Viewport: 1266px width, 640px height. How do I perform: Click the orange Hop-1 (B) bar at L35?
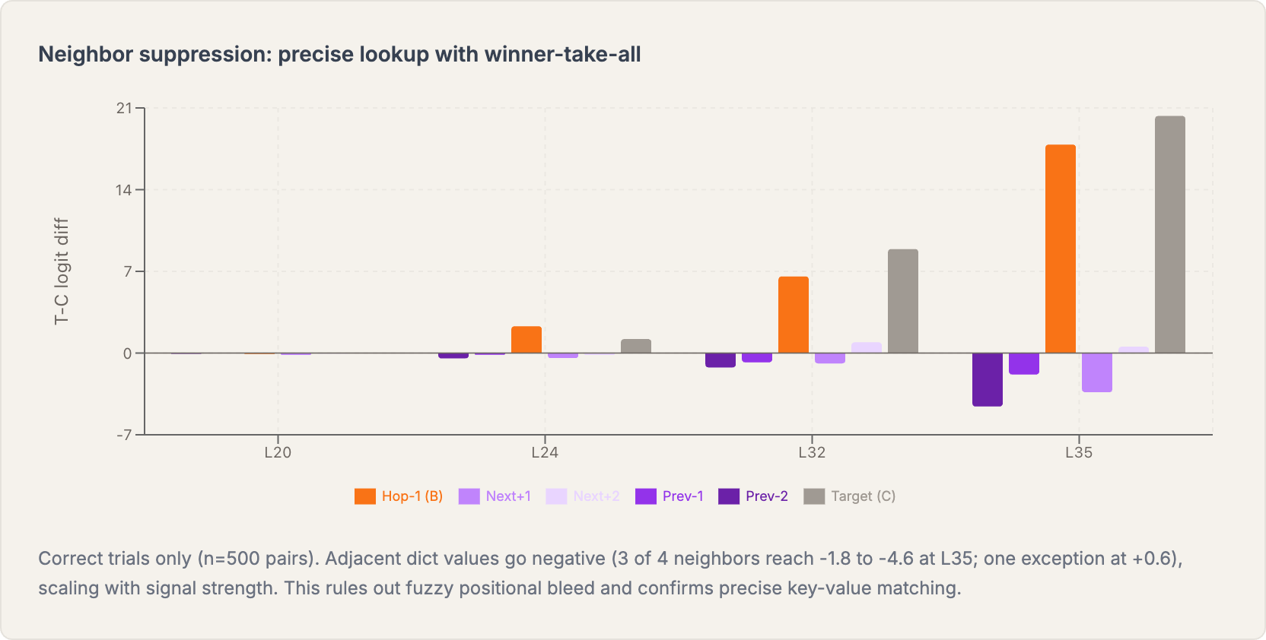coord(1060,249)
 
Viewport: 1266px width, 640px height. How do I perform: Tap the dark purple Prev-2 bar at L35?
coord(987,379)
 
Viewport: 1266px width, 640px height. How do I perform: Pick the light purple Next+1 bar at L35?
coord(1096,372)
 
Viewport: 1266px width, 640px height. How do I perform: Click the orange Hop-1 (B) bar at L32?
coord(793,315)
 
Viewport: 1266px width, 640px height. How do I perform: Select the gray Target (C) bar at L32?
coord(902,301)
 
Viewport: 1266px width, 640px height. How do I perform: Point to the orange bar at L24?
coord(526,340)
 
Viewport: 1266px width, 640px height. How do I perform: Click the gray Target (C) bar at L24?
coord(635,346)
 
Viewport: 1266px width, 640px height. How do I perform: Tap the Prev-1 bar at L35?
coord(1023,363)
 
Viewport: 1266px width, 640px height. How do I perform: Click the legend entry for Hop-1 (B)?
coord(399,496)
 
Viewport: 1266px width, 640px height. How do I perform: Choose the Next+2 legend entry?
coord(583,496)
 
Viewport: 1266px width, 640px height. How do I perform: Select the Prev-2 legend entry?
coord(753,496)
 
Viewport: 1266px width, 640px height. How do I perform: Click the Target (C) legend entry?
coord(850,496)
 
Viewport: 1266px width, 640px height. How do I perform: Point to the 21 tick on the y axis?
coord(124,109)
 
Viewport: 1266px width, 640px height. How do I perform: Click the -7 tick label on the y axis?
coord(124,435)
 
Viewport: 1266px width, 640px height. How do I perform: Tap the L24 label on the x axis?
coord(545,453)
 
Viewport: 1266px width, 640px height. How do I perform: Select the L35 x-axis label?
coord(1078,453)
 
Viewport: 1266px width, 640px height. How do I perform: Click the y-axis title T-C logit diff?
coord(62,271)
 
